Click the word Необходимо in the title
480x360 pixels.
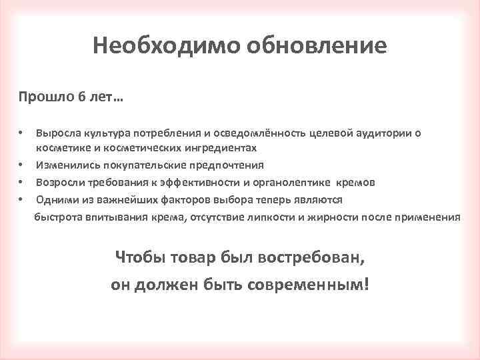click(167, 45)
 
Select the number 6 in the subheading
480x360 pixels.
click(83, 98)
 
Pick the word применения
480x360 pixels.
click(427, 217)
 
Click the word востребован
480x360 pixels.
click(311, 257)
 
